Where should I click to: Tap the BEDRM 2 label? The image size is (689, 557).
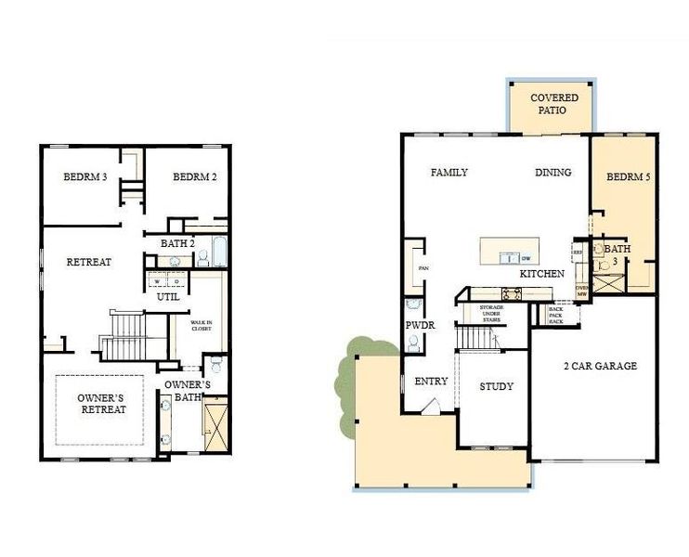pyautogui.click(x=194, y=177)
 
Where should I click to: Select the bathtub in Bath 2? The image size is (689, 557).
pyautogui.click(x=219, y=253)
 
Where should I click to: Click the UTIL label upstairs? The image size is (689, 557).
pyautogui.click(x=168, y=297)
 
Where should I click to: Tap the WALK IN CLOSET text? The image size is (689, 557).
pyautogui.click(x=201, y=326)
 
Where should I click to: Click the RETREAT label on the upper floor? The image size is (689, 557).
pyautogui.click(x=89, y=262)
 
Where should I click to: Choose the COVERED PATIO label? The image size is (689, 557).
pyautogui.click(x=554, y=104)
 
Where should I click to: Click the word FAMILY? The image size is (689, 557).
pyautogui.click(x=449, y=173)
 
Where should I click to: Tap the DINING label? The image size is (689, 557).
pyautogui.click(x=553, y=173)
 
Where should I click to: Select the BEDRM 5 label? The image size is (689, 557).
pyautogui.click(x=629, y=176)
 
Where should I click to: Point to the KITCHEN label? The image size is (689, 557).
pyautogui.click(x=542, y=275)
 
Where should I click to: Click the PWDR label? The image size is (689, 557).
pyautogui.click(x=414, y=326)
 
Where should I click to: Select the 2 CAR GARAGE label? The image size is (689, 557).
pyautogui.click(x=601, y=366)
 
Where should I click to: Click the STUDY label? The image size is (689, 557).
pyautogui.click(x=496, y=386)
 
